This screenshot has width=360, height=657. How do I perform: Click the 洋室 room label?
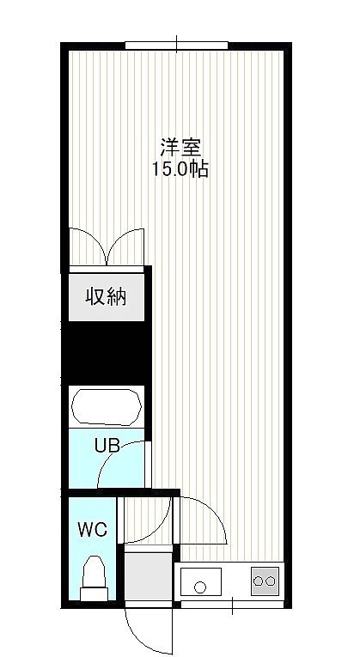(x=180, y=147)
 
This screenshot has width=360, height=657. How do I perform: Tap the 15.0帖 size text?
(x=180, y=169)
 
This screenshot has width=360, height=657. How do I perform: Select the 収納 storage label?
(x=106, y=297)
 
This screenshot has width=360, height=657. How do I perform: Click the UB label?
(x=107, y=446)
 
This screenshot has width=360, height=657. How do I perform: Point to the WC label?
(x=93, y=530)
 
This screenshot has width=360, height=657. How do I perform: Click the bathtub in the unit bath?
(x=107, y=407)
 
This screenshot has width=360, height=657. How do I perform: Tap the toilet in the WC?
(x=94, y=578)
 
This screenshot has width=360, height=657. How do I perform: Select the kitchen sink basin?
(x=201, y=582)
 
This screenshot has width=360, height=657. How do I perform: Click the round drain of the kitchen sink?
(x=200, y=587)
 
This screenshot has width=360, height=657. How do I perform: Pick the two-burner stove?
(x=265, y=581)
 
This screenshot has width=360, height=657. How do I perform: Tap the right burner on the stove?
(x=271, y=581)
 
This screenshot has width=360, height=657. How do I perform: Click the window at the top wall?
(x=176, y=46)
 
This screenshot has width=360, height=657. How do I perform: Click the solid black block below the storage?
(x=107, y=353)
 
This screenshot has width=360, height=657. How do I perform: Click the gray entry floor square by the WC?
(x=149, y=576)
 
